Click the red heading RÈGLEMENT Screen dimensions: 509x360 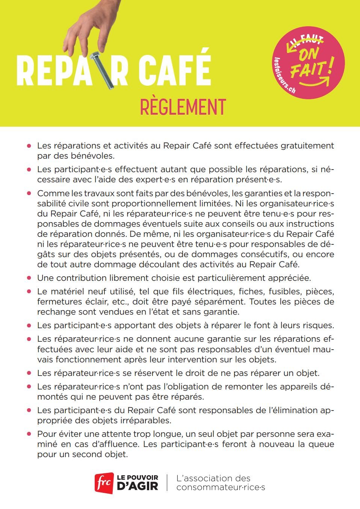[183, 107]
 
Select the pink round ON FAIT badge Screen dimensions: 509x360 [308, 62]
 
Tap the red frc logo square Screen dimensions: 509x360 [104, 483]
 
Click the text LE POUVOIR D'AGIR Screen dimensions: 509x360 [138, 483]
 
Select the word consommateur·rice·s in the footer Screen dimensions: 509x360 [221, 488]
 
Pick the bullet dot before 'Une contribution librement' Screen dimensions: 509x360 [29, 278]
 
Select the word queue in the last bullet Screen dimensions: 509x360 [321, 444]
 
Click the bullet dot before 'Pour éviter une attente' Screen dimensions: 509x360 [29, 434]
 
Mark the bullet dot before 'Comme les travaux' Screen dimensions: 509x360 [29, 194]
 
